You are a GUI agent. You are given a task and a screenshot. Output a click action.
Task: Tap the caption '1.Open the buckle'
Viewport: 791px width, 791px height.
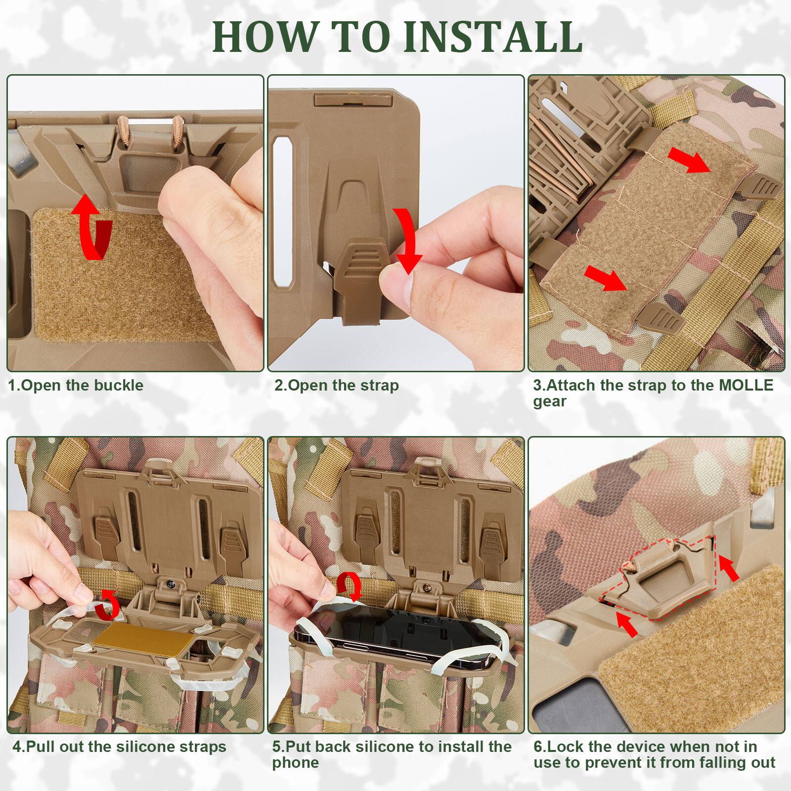pos(76,385)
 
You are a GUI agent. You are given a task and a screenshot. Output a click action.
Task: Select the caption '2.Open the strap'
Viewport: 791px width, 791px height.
pos(336,385)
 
